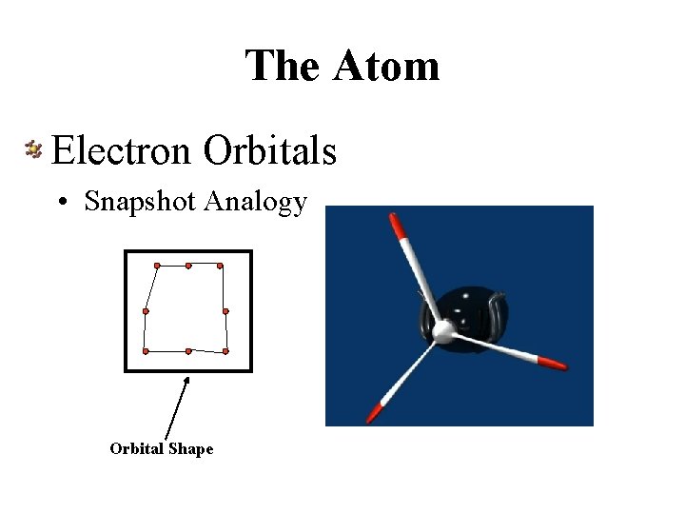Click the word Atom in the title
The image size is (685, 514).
coord(386,66)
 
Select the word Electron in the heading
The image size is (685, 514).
coord(123,149)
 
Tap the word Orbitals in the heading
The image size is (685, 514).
coord(270,149)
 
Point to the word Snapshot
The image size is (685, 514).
coord(140,202)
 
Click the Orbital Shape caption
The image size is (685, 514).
coord(162,448)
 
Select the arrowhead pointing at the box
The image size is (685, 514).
coord(187,381)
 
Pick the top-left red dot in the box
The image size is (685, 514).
coord(158,265)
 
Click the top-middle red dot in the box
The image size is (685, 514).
coord(188,265)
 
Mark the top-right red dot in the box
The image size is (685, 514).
coord(220,265)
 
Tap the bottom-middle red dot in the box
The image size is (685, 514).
coord(188,351)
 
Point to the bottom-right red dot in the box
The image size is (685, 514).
coord(225,351)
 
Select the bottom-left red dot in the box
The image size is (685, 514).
coord(146,351)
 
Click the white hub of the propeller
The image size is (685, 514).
coord(442,331)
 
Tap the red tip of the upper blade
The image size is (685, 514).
coord(396,227)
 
